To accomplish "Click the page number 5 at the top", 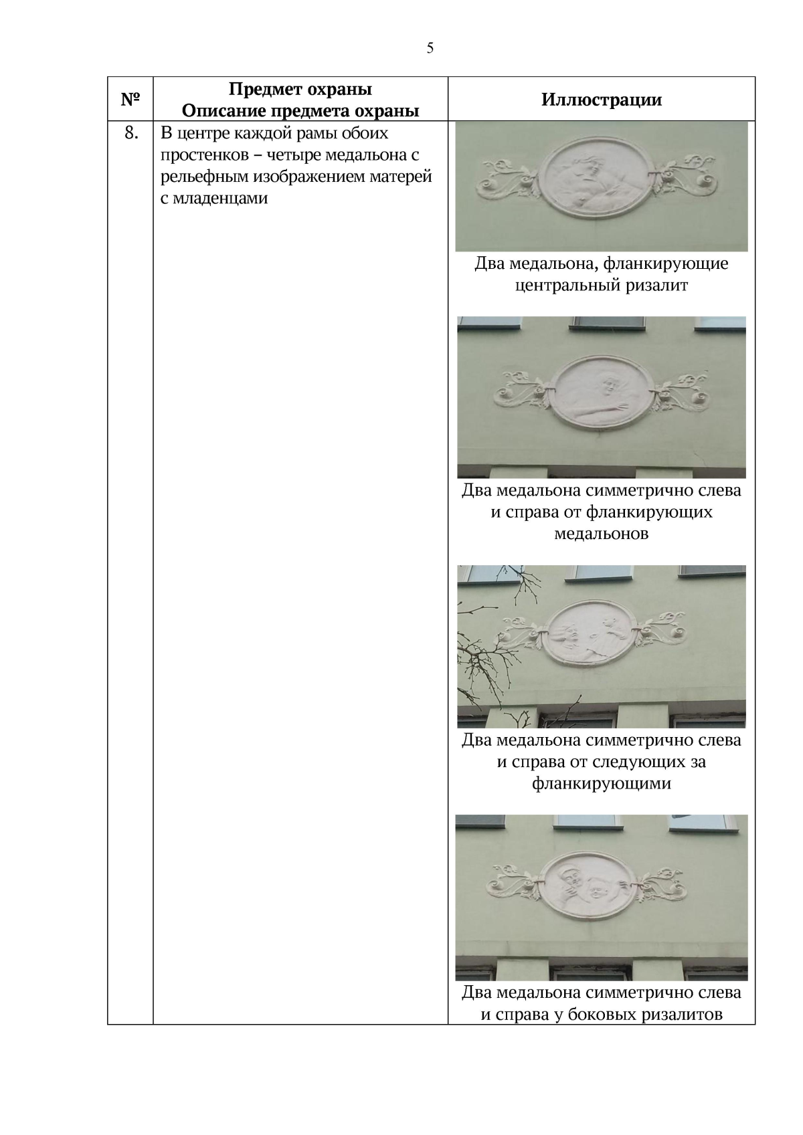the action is [430, 48].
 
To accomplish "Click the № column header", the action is [130, 99].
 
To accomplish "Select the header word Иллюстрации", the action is [601, 99].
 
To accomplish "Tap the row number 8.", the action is [131, 132].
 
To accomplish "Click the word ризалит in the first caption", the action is [656, 286].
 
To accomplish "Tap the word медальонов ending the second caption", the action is [601, 534].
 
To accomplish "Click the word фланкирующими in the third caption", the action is [601, 783].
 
